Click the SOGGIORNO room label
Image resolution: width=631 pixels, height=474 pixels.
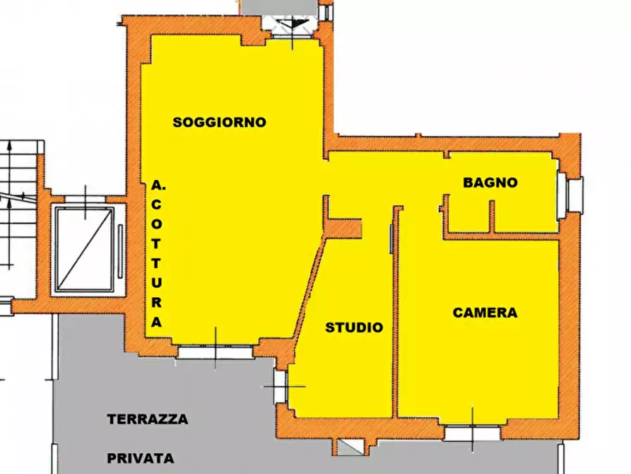pos(219,122)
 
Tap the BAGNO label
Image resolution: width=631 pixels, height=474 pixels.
pos(490,183)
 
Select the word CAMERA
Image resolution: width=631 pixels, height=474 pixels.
pos(485,312)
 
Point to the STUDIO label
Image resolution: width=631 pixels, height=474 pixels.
pos(353,328)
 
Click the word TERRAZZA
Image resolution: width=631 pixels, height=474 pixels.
pos(148,420)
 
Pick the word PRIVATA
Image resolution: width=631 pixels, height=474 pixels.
pos(140,458)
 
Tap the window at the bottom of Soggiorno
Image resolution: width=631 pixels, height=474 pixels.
pos(215,350)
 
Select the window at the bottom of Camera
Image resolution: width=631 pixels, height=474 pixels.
pos(471,432)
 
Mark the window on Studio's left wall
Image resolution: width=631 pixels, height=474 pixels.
pos(280,387)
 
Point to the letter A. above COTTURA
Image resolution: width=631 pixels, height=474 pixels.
pos(158,186)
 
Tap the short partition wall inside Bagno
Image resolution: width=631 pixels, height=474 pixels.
pos(492,216)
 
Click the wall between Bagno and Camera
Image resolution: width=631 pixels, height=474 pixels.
pos(502,236)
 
